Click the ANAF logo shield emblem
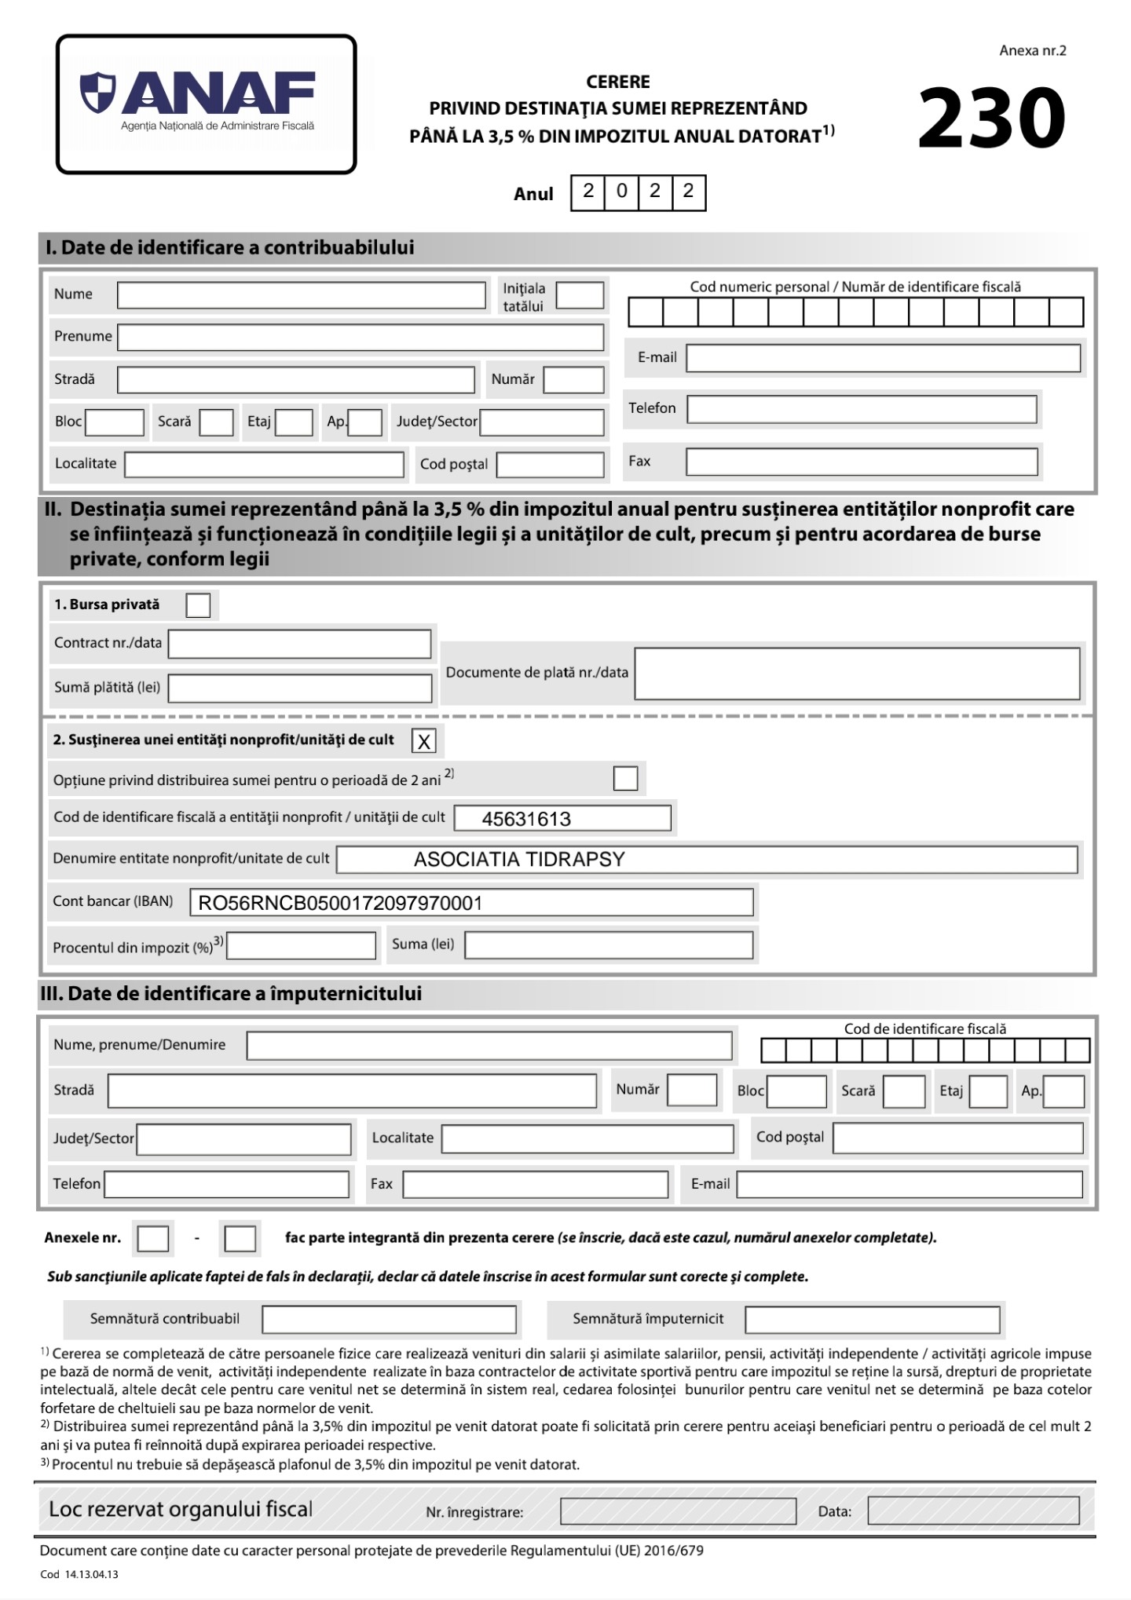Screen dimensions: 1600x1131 [x=97, y=92]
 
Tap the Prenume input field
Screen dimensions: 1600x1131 [x=361, y=338]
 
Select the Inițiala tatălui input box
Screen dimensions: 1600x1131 [x=580, y=296]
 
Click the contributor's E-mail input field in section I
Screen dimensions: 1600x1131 [x=883, y=358]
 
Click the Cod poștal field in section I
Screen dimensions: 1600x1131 [x=550, y=465]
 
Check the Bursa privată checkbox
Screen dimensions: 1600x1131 [x=198, y=605]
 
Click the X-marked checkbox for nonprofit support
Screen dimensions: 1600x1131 [x=424, y=741]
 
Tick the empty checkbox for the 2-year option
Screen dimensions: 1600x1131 [x=625, y=779]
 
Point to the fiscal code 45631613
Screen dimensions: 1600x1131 [x=526, y=819]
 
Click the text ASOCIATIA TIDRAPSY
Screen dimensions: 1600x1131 [x=519, y=860]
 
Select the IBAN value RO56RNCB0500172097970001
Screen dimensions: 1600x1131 [x=340, y=903]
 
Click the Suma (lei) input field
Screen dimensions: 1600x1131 [x=609, y=944]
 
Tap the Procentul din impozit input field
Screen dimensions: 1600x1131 [x=301, y=946]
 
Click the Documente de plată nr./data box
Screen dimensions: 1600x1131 [x=857, y=674]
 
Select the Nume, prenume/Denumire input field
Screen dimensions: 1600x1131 [x=489, y=1046]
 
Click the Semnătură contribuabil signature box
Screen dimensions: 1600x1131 [x=389, y=1320]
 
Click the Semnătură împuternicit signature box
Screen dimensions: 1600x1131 [x=872, y=1320]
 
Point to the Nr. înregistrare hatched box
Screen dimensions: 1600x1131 [x=678, y=1511]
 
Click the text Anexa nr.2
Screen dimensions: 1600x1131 [x=1032, y=51]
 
